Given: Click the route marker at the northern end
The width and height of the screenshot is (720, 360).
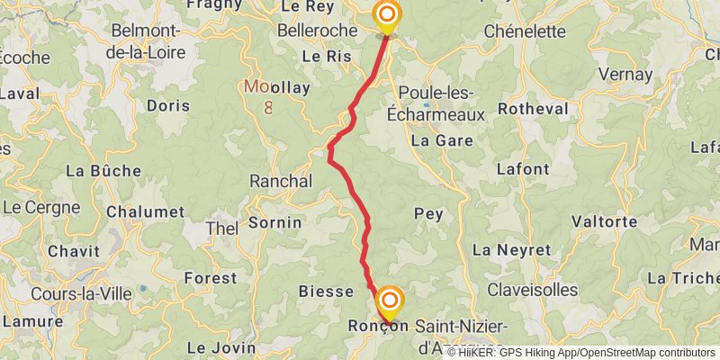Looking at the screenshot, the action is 387,15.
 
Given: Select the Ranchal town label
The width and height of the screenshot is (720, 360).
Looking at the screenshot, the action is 280,181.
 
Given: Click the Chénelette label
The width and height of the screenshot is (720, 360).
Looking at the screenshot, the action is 525,31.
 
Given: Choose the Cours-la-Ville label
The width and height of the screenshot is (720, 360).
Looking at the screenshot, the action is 79,293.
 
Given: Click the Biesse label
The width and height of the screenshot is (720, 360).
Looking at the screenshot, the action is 325,292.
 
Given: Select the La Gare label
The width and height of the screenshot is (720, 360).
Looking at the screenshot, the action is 441,141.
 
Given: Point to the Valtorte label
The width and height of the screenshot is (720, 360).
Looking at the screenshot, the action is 604,221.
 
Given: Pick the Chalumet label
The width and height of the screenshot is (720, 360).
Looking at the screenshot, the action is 145,212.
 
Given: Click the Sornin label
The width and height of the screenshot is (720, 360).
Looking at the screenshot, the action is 274,221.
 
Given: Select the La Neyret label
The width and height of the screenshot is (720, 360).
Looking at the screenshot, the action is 511,249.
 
